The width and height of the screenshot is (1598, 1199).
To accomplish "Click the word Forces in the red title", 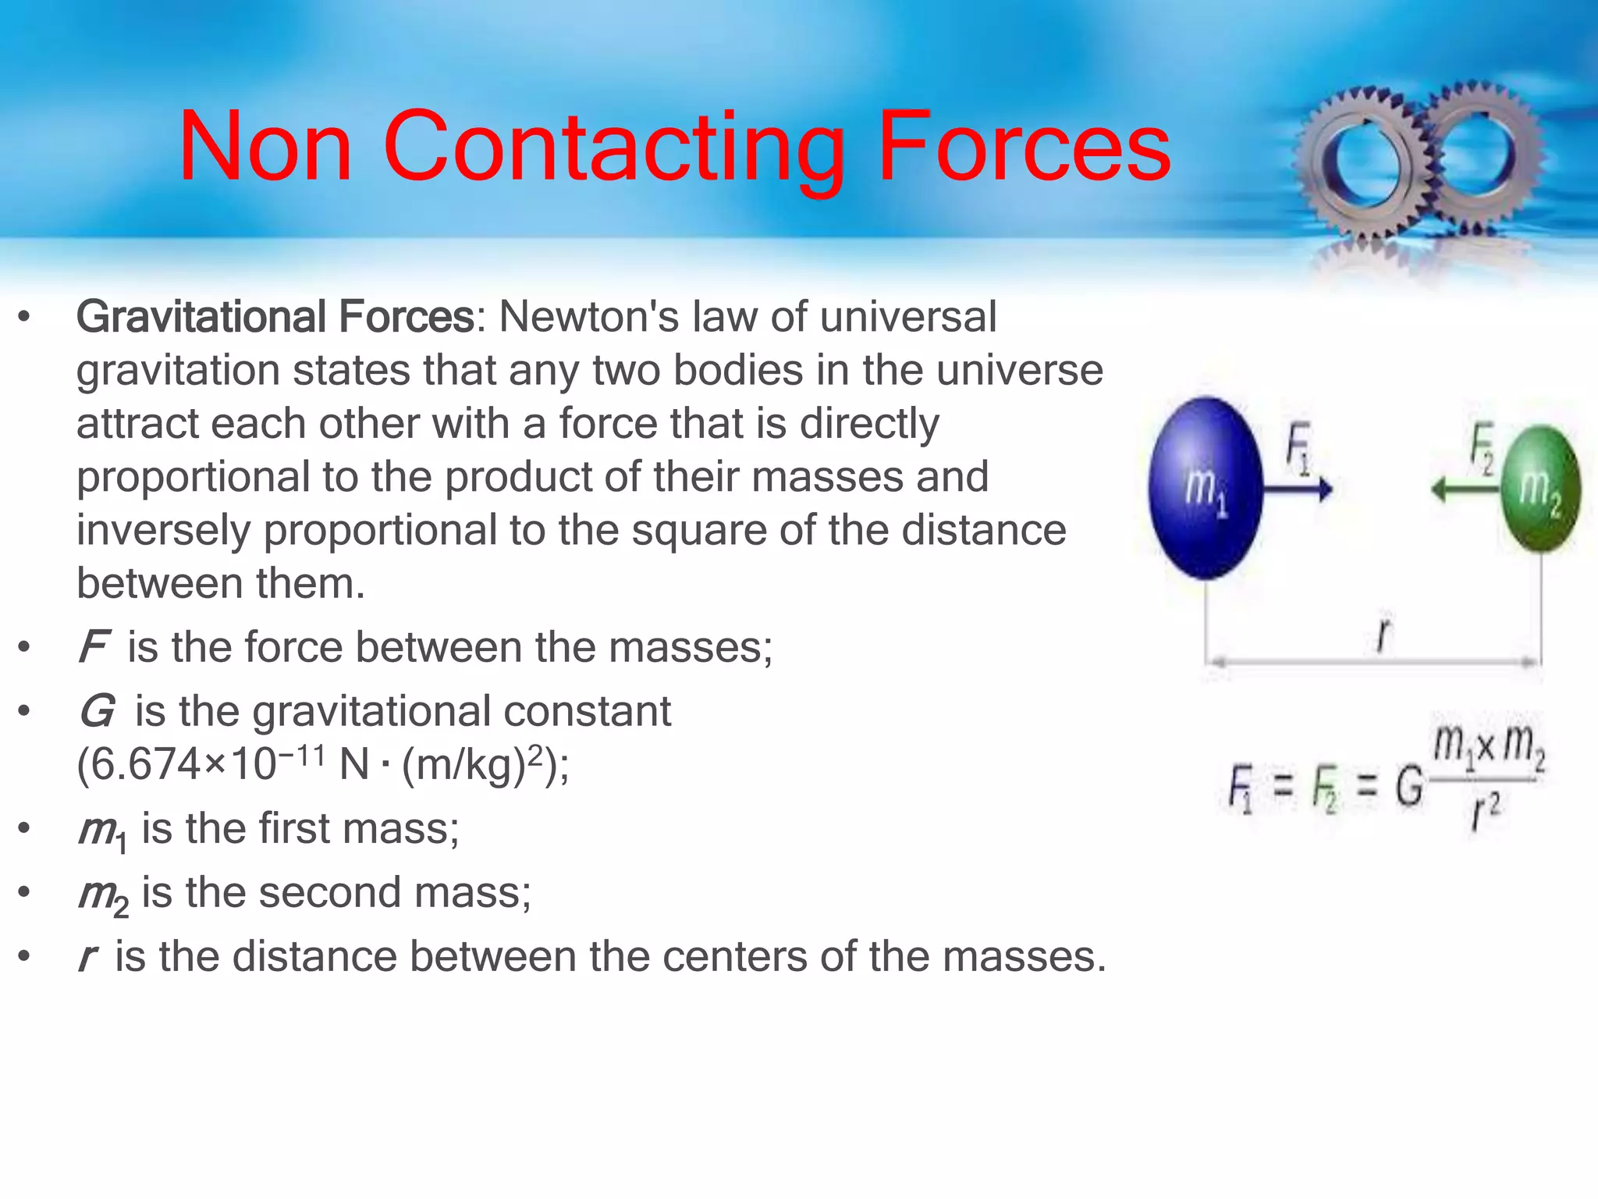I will pos(1023,147).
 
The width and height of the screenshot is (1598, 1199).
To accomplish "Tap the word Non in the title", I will pos(265,147).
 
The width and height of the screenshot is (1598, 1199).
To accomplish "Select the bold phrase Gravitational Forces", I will pos(275,317).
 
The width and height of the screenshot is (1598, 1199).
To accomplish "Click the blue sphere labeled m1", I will pos(1206,489).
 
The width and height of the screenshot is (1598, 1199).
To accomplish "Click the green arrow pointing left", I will pos(1465,489).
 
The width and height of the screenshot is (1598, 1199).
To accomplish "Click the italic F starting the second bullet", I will pos(94,647).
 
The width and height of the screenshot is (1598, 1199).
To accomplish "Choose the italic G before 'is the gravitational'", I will pos(97,711).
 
